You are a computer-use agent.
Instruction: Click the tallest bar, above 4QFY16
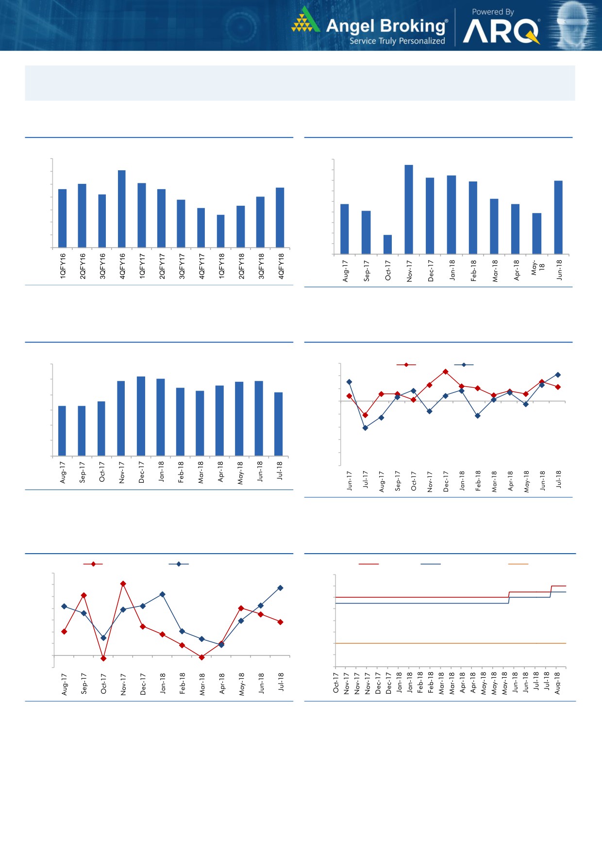tap(122, 209)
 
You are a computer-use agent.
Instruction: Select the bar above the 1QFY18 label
tap(221, 231)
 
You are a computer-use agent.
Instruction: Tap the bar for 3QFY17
tap(181, 223)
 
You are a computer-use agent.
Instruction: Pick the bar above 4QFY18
tap(280, 217)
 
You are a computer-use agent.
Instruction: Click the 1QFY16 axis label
tap(63, 265)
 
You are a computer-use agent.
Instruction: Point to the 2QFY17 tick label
tap(162, 265)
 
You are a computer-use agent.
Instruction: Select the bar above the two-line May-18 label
tap(536, 233)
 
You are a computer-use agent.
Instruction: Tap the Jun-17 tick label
tap(350, 480)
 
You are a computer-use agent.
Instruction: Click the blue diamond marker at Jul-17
tap(365, 428)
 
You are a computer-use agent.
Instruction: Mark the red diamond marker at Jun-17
tap(349, 396)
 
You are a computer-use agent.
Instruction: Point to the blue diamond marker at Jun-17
tap(349, 382)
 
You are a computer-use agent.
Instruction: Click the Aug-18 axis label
tap(557, 682)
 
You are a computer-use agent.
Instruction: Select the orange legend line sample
tap(518, 564)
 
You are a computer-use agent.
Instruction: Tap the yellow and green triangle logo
tap(305, 20)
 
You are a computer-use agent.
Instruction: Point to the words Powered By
tap(493, 12)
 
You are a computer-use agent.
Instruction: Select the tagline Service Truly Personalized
tap(397, 41)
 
